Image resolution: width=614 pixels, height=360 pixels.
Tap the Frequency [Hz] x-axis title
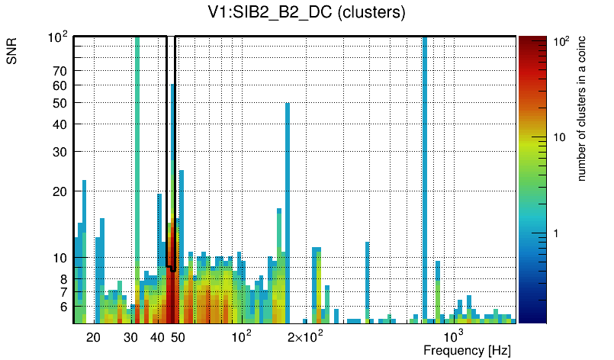[467, 350]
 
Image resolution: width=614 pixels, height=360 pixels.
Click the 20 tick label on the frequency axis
[93, 337]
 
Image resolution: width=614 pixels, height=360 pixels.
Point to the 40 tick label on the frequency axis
[157, 337]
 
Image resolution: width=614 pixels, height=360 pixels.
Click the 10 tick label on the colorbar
[559, 137]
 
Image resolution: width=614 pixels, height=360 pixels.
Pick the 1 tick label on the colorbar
[556, 233]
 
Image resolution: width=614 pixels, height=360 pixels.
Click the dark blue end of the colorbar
[532, 317]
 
